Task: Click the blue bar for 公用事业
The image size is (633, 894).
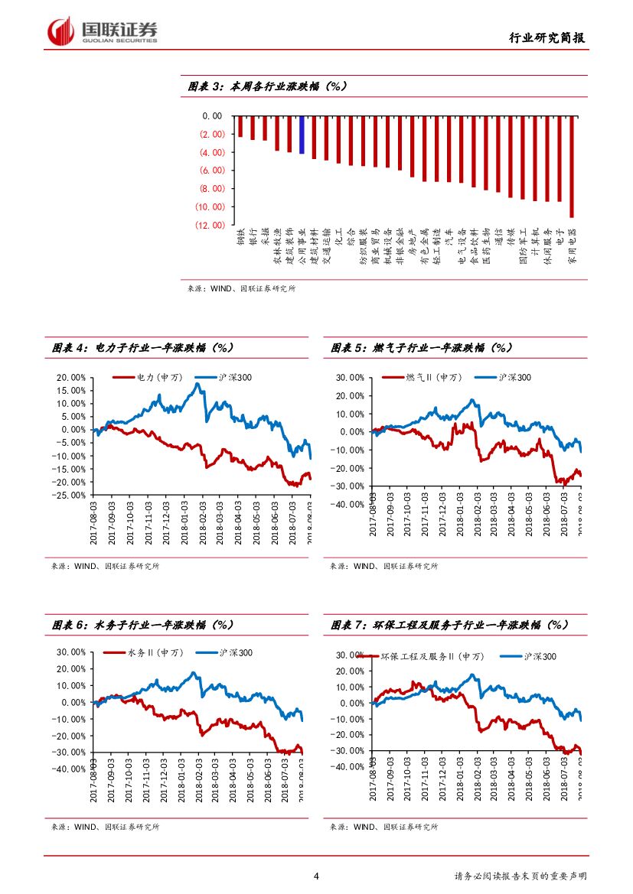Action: [x=302, y=135]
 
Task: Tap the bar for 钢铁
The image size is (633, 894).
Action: [x=240, y=126]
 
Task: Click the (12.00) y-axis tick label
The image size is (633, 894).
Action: [x=210, y=225]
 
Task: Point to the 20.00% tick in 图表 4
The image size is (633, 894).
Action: [x=72, y=377]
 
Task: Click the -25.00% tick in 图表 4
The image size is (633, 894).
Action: [x=72, y=495]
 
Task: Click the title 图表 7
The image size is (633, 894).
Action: [x=450, y=625]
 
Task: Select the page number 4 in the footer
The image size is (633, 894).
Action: [x=316, y=876]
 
